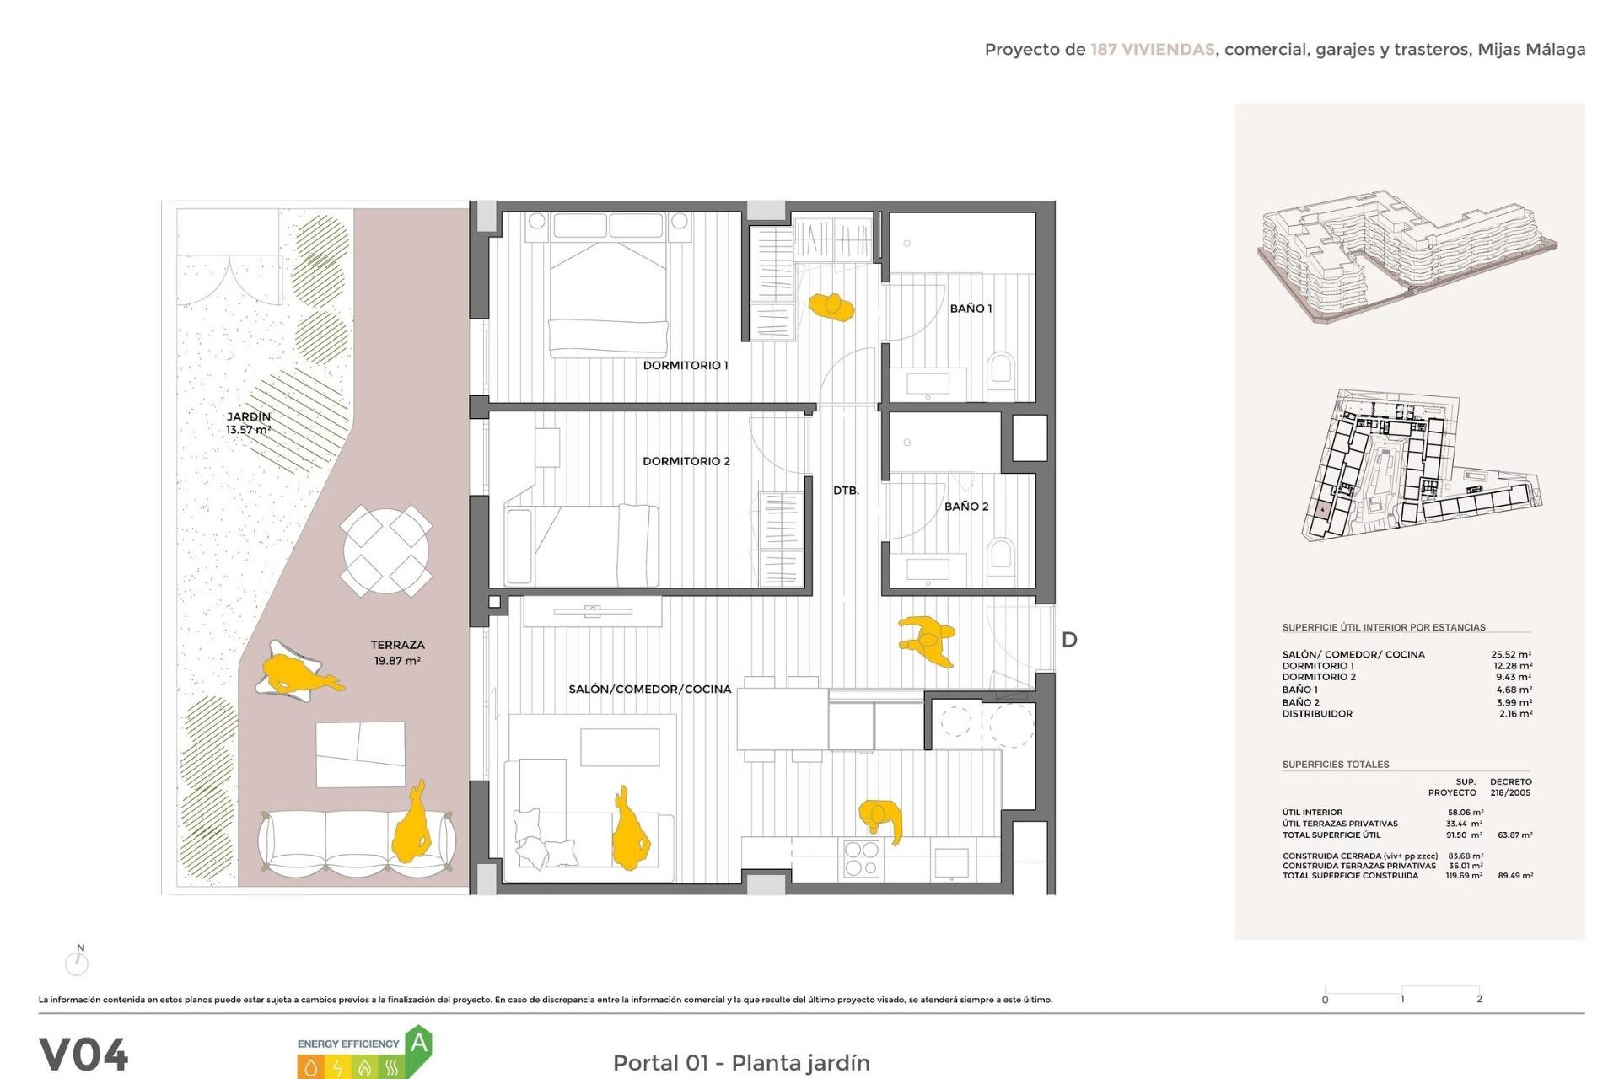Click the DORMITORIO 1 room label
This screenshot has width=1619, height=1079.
[685, 365]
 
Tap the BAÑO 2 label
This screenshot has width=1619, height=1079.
[965, 506]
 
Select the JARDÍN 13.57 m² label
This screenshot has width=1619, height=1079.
[248, 423]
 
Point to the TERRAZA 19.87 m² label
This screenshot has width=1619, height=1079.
[397, 652]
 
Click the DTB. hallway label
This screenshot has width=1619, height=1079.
[846, 490]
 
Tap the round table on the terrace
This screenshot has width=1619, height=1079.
[386, 550]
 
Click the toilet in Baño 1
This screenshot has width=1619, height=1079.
[1001, 369]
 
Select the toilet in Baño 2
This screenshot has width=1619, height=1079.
[1001, 555]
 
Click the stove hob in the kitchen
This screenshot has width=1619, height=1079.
[861, 858]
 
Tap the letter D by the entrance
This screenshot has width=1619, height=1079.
[1069, 640]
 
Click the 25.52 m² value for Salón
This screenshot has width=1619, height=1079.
[1511, 654]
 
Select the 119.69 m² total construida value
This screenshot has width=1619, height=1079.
[1464, 876]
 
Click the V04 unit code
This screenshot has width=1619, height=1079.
[83, 1055]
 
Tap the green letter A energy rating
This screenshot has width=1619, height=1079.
[419, 1044]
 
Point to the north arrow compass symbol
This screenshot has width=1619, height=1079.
[77, 961]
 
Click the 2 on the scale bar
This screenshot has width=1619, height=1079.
[1479, 999]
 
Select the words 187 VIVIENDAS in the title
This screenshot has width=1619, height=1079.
[1152, 50]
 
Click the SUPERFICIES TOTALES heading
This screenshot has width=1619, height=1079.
[1335, 765]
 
